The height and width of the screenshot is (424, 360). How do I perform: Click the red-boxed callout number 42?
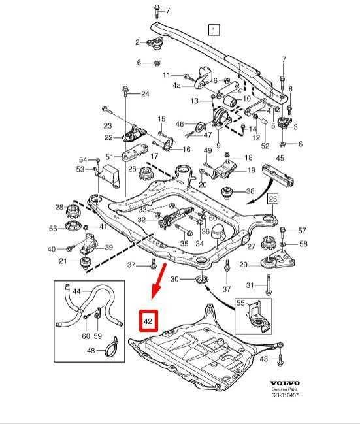click(148, 321)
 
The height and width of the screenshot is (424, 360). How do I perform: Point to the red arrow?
click(159, 280)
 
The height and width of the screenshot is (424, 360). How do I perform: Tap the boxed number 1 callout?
click(214, 30)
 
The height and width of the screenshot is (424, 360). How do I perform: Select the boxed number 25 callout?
click(272, 199)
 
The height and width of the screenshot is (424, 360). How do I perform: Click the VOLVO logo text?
click(285, 383)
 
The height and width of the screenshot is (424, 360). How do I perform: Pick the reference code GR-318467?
click(285, 395)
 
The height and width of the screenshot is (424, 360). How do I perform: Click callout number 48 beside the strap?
click(91, 351)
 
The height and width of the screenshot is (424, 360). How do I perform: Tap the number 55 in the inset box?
click(240, 303)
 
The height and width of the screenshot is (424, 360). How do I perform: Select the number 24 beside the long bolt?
click(145, 94)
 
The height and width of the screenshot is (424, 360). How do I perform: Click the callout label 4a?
click(177, 86)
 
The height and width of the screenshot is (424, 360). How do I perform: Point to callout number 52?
click(265, 146)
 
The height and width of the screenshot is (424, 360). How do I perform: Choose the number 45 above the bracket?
click(280, 158)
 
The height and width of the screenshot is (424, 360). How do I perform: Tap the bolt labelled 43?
click(280, 358)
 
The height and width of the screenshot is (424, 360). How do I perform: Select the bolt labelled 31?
click(268, 285)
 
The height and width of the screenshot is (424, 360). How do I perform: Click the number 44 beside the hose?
click(77, 291)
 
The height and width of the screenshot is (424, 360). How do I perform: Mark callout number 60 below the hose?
click(86, 336)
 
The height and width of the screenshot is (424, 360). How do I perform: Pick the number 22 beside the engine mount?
click(108, 138)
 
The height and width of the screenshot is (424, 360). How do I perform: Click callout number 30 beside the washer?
click(174, 278)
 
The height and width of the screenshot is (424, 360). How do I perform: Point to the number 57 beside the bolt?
click(302, 231)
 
